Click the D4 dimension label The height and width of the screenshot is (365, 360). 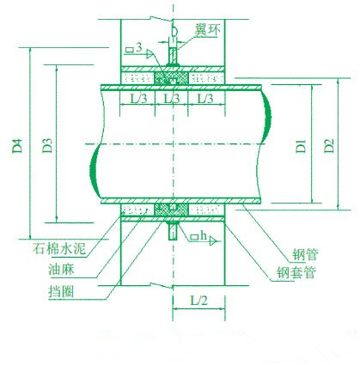(17, 146)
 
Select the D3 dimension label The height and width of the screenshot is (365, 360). (47, 146)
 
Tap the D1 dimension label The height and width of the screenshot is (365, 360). (301, 146)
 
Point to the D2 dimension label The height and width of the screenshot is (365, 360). (329, 146)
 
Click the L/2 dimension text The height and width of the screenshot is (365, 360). (198, 301)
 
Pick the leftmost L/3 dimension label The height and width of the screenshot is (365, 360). (138, 99)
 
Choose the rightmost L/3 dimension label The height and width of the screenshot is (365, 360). (205, 99)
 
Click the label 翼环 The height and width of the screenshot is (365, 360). (208, 30)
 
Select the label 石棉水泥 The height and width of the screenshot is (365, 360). (59, 248)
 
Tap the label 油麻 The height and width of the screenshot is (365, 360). (62, 270)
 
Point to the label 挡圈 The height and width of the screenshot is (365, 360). (61, 292)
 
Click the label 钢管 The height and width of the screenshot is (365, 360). (305, 254)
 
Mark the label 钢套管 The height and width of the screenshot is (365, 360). (296, 272)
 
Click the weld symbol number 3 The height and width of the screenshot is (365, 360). (139, 47)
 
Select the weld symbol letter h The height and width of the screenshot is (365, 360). (204, 236)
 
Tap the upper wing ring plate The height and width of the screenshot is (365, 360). (173, 56)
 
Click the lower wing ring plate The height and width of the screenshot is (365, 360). (173, 231)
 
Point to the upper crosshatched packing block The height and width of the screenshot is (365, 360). (171, 78)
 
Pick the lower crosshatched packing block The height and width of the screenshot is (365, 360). (171, 210)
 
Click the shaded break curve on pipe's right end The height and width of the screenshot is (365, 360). (267, 118)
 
